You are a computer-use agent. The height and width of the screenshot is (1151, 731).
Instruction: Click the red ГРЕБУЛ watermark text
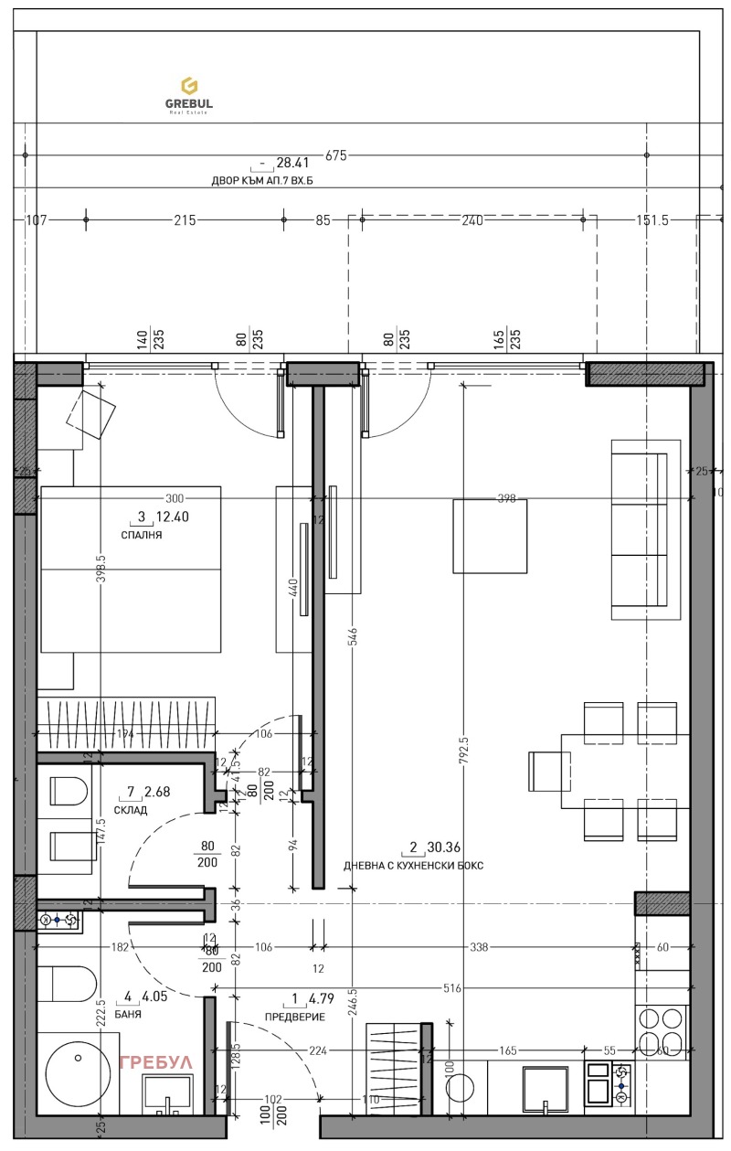click(156, 1062)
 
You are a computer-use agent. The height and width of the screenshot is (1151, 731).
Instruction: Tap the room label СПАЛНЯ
click(141, 536)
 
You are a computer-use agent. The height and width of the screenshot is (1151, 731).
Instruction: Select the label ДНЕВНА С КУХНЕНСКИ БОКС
click(413, 865)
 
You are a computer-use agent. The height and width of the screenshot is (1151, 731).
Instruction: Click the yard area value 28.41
click(293, 163)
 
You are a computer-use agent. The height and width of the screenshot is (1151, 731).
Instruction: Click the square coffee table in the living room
click(490, 536)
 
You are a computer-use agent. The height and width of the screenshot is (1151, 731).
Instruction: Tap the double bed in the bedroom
click(131, 570)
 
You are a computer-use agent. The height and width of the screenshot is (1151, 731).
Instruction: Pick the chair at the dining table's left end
click(548, 771)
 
